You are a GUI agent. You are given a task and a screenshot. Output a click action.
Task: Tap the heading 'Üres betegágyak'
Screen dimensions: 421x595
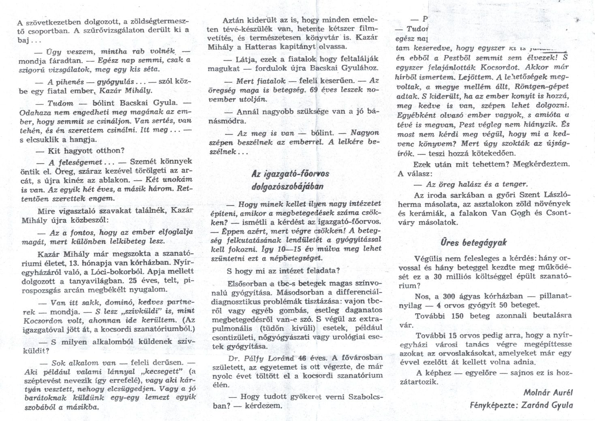click(x=468, y=242)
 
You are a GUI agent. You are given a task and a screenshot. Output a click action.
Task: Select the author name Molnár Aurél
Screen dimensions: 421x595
click(x=548, y=392)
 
